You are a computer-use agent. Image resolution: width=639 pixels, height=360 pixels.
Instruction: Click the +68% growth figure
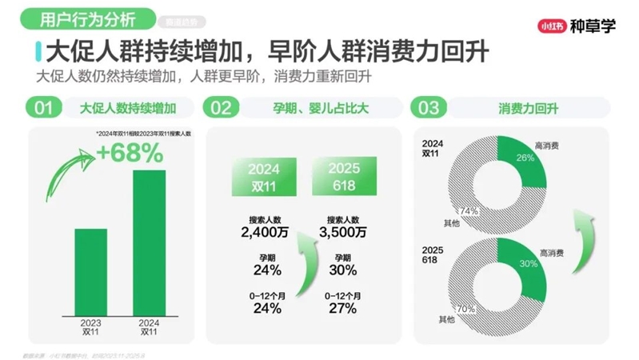click(x=130, y=152)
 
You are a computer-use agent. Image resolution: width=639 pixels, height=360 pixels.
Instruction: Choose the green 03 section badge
click(x=429, y=107)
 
